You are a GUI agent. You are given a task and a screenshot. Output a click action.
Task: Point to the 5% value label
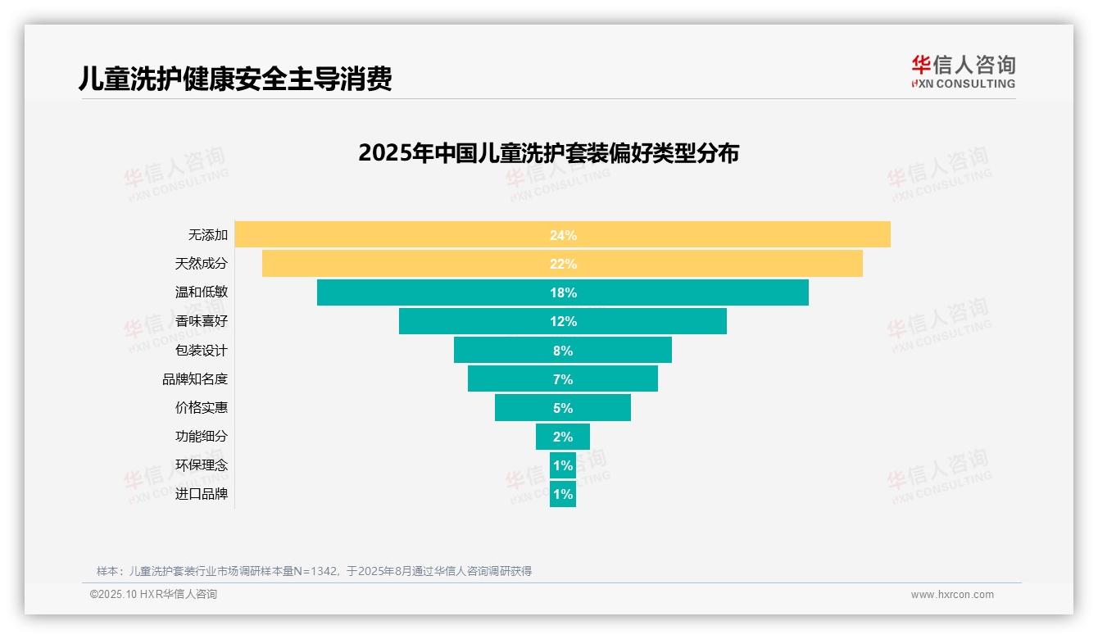click(563, 408)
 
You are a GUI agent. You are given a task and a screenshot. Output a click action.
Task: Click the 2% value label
click(563, 437)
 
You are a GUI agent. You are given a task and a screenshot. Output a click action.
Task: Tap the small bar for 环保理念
click(563, 465)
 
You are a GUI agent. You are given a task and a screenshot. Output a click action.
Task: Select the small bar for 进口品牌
click(563, 494)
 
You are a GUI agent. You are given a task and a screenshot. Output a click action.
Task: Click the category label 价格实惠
click(202, 407)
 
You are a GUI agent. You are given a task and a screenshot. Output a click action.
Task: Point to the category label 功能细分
click(202, 436)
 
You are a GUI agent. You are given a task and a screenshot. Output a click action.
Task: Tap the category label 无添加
click(208, 234)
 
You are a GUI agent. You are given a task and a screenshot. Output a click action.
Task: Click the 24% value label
click(563, 235)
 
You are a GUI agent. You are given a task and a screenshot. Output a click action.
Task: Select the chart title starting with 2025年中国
click(548, 153)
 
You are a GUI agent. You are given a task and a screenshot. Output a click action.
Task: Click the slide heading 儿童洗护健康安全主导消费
click(235, 79)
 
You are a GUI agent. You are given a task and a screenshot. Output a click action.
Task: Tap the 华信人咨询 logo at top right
click(963, 71)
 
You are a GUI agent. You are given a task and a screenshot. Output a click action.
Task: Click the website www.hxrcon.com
click(952, 595)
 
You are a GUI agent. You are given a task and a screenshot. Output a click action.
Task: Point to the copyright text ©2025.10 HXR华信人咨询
click(153, 595)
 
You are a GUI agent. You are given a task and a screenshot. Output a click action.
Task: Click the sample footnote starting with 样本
click(314, 571)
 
